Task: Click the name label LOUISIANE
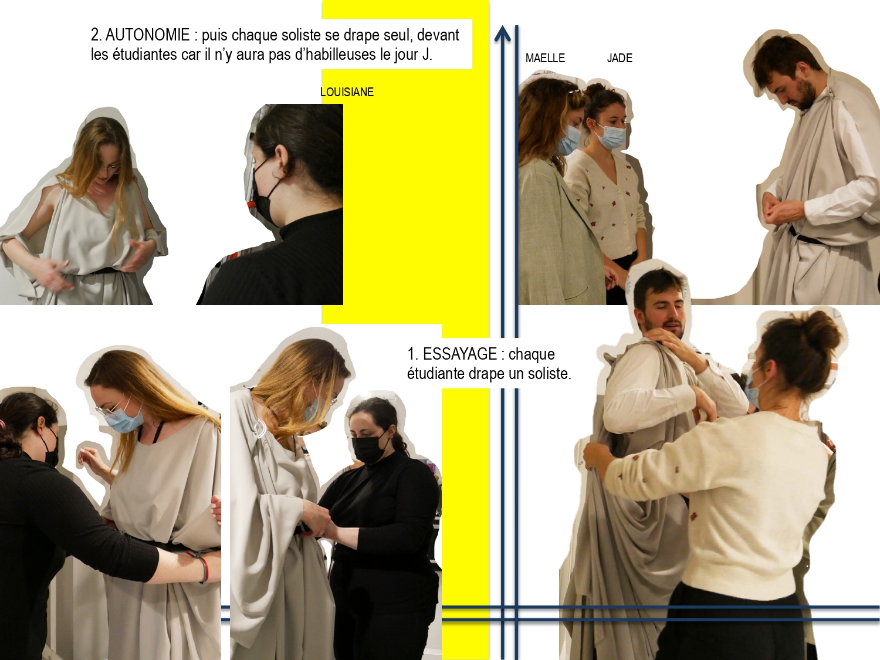[347, 92]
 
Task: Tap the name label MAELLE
[545, 58]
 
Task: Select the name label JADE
[620, 58]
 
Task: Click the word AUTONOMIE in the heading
[147, 35]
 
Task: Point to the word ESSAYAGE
[460, 354]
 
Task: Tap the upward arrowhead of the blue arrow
[502, 33]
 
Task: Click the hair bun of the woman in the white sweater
[824, 331]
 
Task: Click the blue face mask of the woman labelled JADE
[611, 137]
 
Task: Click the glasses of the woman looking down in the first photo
[110, 170]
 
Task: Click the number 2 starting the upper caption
[94, 35]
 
